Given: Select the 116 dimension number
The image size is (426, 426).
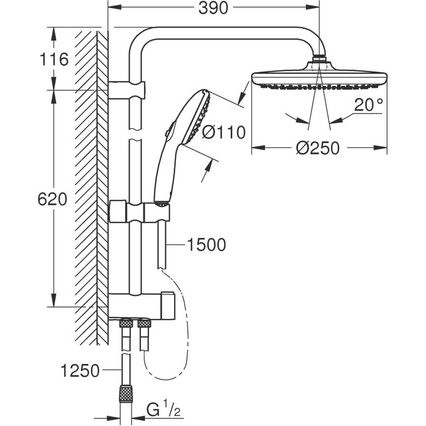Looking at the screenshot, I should click(x=53, y=60).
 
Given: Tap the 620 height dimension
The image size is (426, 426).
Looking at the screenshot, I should click(x=53, y=200).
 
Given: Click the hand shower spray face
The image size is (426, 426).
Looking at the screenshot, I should click(x=202, y=116).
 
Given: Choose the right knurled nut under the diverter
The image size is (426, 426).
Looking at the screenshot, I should click(x=145, y=324).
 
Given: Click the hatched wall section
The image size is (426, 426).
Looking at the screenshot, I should click(x=88, y=188).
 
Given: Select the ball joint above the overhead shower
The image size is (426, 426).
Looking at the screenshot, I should click(x=320, y=61).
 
